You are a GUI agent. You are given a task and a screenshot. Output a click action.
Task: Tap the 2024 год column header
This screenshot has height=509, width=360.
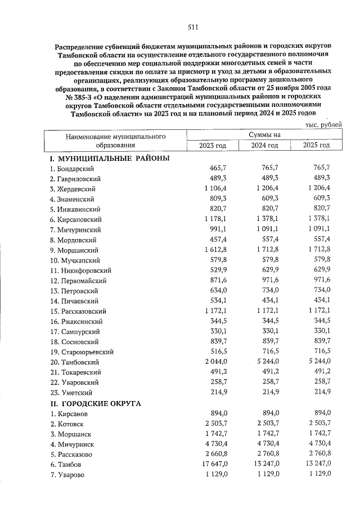tap(265, 145)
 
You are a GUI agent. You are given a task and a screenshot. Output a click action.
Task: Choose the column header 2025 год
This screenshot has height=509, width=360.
tap(316, 145)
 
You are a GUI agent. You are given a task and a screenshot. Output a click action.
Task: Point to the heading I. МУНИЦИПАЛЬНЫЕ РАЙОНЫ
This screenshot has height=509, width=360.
tap(110, 159)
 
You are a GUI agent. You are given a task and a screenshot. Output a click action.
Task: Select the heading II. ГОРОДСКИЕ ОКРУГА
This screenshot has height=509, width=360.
tap(96, 403)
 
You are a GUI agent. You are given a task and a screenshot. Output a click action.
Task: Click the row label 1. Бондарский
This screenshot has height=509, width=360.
tap(71, 169)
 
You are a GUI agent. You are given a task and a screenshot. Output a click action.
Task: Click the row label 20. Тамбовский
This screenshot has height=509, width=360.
tap(74, 362)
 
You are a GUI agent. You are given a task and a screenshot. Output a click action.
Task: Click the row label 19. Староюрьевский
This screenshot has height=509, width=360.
tap(82, 352)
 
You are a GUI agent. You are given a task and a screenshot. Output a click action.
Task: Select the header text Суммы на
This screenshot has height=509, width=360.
tap(265, 134)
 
